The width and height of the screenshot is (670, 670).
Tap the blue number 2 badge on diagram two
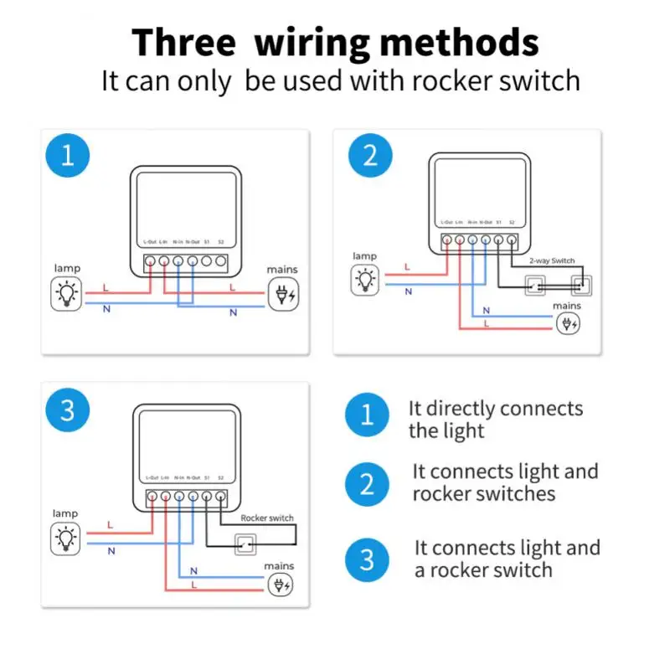(x=369, y=156)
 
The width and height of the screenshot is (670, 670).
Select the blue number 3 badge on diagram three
(x=67, y=410)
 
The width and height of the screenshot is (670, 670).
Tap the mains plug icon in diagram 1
(x=282, y=296)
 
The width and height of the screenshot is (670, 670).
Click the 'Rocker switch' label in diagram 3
(x=267, y=518)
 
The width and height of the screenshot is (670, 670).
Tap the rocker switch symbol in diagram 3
(x=245, y=544)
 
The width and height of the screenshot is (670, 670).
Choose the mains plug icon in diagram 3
(x=280, y=585)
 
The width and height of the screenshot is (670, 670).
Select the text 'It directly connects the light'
(x=494, y=420)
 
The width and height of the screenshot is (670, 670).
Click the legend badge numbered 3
(x=367, y=559)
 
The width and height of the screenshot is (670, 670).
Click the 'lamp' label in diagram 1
(x=66, y=268)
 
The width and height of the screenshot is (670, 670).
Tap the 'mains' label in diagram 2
(x=567, y=306)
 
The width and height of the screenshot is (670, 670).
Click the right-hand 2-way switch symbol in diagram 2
(x=583, y=285)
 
